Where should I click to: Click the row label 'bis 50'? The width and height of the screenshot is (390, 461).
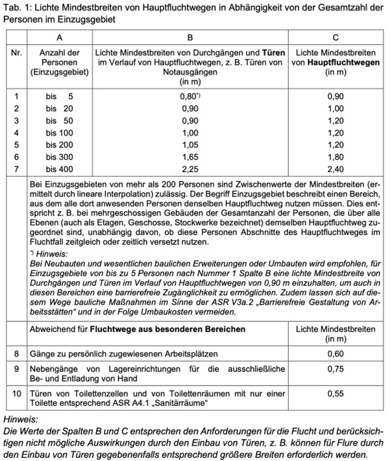pos(59,120)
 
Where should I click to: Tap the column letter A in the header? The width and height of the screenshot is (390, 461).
pos(59,38)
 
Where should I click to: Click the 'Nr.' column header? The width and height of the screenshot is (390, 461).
pos(17,51)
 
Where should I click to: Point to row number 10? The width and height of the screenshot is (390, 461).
pos(17,393)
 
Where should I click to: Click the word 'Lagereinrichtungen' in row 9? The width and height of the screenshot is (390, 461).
pos(137,368)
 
